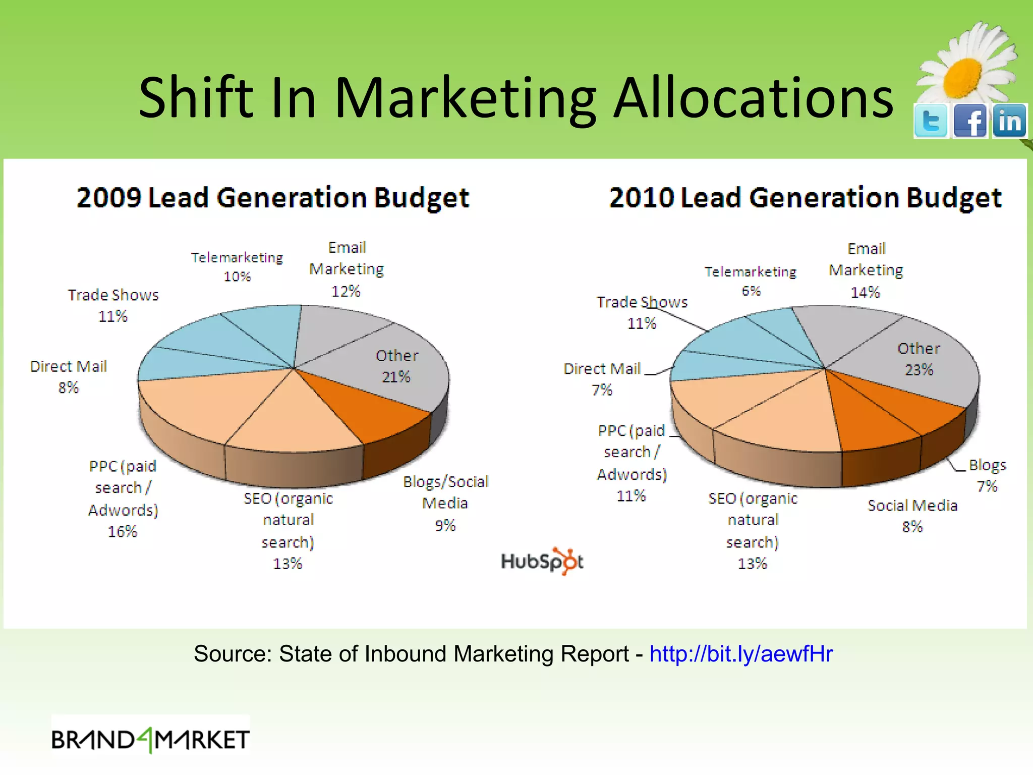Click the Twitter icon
coord(931,121)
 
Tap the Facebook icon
coord(970,121)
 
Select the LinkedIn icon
coord(1009,121)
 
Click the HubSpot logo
coord(542,561)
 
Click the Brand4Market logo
coord(150,740)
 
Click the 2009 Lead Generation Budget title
coord(273,197)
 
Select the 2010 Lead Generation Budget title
coord(805,197)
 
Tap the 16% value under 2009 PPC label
coord(123,531)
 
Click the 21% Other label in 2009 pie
coord(396,366)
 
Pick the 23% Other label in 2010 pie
coord(919,359)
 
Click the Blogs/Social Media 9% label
coord(445,503)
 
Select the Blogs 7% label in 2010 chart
coord(987,475)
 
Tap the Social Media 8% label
coord(912,516)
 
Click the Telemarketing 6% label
coord(751,281)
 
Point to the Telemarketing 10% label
coord(237,266)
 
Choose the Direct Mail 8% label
coord(69,376)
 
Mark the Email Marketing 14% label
coord(866,270)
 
